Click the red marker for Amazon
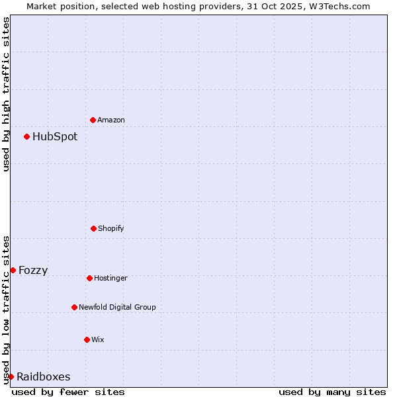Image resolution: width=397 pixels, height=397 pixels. coord(93,120)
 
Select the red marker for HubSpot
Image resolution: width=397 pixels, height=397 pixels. coord(26,136)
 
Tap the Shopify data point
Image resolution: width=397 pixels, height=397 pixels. coord(93,228)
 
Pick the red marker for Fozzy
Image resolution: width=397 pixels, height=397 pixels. coord(13,270)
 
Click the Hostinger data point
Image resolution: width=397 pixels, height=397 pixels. coord(89,278)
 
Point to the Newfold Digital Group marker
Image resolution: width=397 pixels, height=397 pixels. coord(74,307)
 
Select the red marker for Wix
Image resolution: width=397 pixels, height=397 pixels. coord(87,339)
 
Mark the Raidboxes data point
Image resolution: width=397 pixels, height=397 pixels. coord(11,376)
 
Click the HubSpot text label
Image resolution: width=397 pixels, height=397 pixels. coord(55,137)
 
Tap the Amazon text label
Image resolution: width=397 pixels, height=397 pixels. coord(111,120)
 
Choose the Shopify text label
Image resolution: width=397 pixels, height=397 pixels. coord(111,228)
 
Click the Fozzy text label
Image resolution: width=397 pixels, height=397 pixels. coord(33,270)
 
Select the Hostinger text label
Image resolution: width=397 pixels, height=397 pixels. coord(110,278)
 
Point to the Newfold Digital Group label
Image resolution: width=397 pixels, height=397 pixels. coord(117,307)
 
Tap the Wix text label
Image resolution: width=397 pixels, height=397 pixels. coord(98,339)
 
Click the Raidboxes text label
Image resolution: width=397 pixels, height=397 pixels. coord(44,377)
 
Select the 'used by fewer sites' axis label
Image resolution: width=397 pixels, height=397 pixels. coord(68,392)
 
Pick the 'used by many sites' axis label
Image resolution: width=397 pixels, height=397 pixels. coord(332,392)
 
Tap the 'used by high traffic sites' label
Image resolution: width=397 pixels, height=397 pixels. coord(6,94)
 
